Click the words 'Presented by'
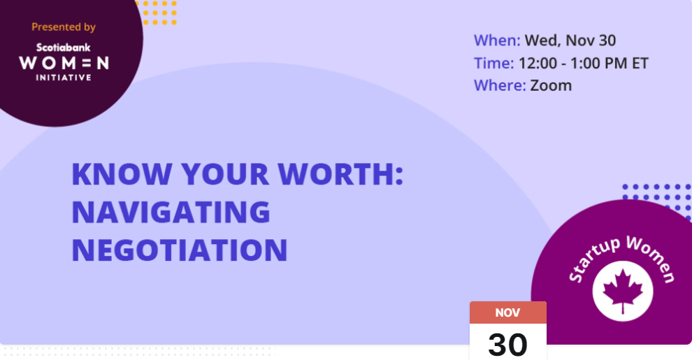click(64, 27)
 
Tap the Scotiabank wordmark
click(63, 48)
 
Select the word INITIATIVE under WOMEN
click(64, 78)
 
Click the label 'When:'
click(497, 41)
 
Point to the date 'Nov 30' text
click(591, 41)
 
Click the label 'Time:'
click(494, 64)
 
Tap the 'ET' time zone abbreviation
click(640, 64)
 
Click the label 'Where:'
click(500, 85)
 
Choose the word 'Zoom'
click(551, 85)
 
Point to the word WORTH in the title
click(336, 174)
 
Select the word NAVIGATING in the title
click(171, 212)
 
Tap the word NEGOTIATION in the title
click(180, 250)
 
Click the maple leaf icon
click(623, 291)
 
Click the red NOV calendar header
click(508, 312)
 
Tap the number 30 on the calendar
click(508, 345)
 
